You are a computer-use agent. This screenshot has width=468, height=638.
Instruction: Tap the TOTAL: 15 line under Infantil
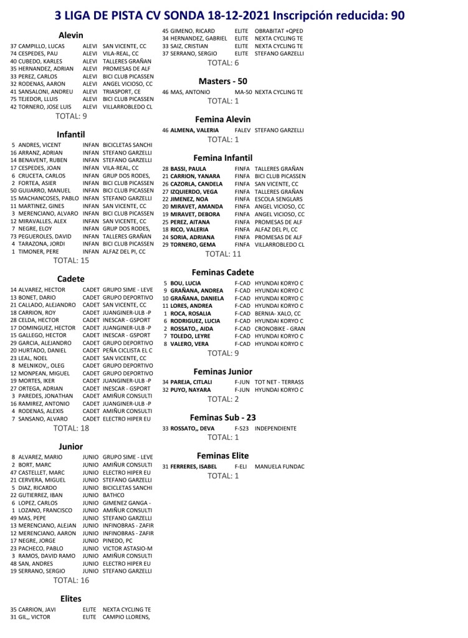72,260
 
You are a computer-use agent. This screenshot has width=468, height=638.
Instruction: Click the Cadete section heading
70,279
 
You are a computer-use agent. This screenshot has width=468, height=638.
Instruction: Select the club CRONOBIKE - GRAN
280,328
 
